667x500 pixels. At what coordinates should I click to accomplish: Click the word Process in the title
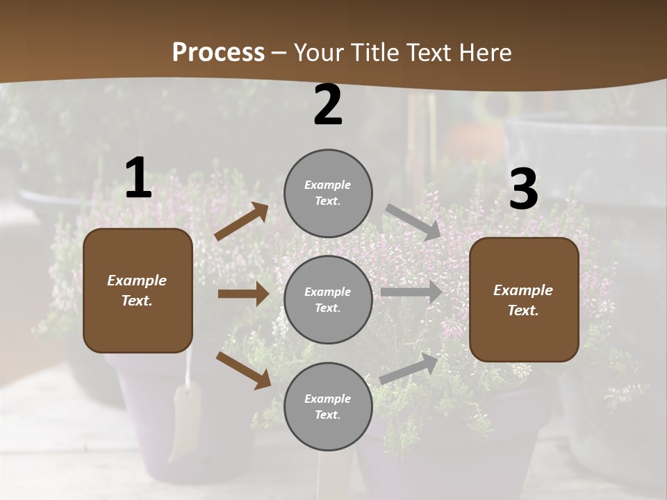[x=218, y=53]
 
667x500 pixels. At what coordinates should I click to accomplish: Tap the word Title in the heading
[x=374, y=53]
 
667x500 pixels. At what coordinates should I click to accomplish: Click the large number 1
[x=138, y=178]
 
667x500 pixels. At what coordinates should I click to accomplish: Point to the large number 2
[x=328, y=106]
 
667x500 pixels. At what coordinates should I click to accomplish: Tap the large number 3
[x=523, y=189]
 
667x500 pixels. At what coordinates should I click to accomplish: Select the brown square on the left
[x=138, y=290]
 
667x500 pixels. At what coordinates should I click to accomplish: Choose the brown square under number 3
[x=524, y=299]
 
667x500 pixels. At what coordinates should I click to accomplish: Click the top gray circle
[x=328, y=192]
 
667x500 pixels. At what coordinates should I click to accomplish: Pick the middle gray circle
[x=328, y=299]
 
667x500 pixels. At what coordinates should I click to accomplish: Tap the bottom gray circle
[x=328, y=406]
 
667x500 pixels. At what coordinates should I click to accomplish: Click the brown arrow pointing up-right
[x=242, y=222]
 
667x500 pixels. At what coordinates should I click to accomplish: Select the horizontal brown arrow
[x=243, y=294]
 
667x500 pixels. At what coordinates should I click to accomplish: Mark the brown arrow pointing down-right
[x=243, y=370]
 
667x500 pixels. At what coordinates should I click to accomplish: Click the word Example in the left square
[x=137, y=281]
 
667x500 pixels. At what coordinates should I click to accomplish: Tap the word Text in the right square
[x=522, y=310]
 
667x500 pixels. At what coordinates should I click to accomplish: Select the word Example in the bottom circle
[x=327, y=399]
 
